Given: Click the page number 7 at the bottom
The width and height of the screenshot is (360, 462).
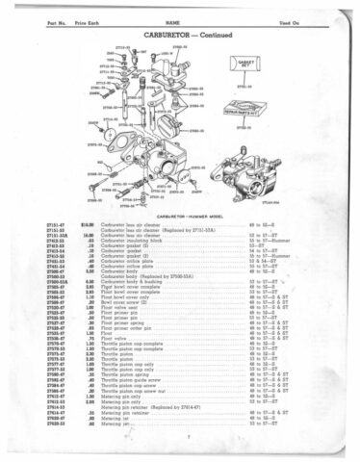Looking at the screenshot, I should pos(179,447).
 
